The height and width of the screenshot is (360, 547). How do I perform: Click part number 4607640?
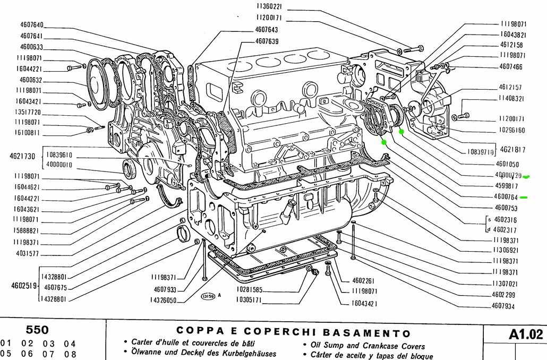(x=32, y=25)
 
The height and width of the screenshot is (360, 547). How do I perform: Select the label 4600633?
(x=32, y=47)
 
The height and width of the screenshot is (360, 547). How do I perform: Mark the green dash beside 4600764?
(x=524, y=198)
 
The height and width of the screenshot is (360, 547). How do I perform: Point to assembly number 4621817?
(x=512, y=150)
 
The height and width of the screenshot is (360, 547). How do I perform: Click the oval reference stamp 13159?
(x=207, y=297)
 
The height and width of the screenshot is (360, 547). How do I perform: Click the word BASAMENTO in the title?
(x=366, y=333)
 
